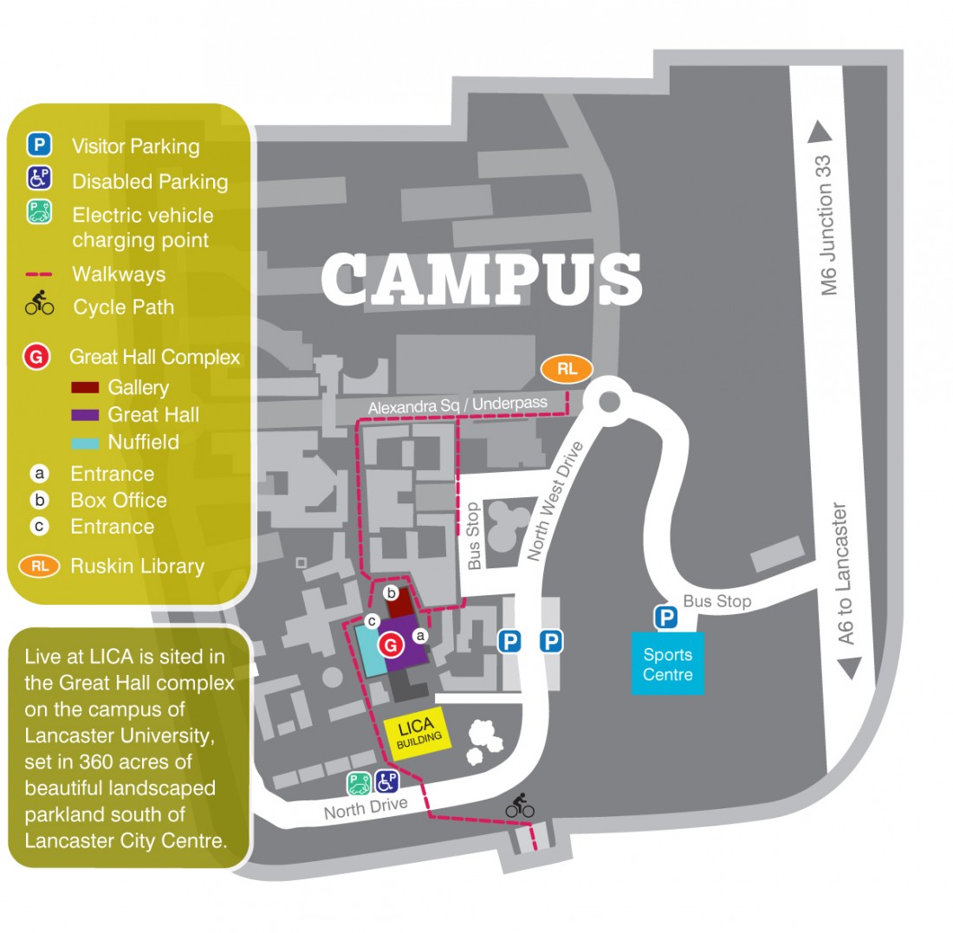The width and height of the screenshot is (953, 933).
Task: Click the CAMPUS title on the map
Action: (x=482, y=279)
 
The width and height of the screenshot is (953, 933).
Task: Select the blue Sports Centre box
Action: (x=668, y=664)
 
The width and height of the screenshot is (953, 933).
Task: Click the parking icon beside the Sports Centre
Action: (x=665, y=618)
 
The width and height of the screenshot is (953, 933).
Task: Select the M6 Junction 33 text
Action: (x=829, y=225)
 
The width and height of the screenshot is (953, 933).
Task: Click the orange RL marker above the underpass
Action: (x=567, y=369)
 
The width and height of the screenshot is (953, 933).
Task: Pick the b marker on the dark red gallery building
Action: (x=391, y=593)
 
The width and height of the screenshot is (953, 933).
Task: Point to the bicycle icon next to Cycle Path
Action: (x=40, y=304)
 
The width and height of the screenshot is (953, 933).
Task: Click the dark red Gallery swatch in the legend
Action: (x=84, y=387)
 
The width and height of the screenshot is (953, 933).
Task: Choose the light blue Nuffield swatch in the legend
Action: (x=84, y=442)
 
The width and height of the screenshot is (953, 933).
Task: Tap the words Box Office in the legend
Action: (x=119, y=500)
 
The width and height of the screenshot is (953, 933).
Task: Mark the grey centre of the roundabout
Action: (x=609, y=401)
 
